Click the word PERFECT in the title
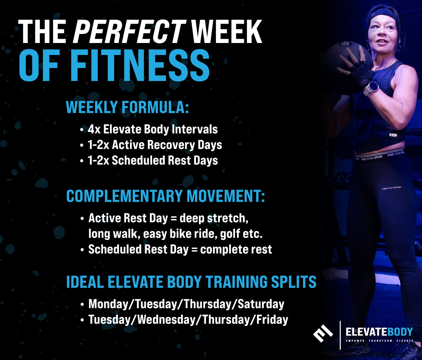(129, 32)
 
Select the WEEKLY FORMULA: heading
(128, 107)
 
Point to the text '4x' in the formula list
(94, 129)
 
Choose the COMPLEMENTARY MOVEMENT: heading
(166, 196)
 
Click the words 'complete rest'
(236, 250)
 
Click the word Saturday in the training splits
(261, 304)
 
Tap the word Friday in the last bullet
(272, 320)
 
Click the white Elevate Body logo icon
(323, 334)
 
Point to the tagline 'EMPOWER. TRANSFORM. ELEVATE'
(379, 341)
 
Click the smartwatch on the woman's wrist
(372, 88)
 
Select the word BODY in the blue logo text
(400, 332)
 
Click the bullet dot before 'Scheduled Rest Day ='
(82, 250)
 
